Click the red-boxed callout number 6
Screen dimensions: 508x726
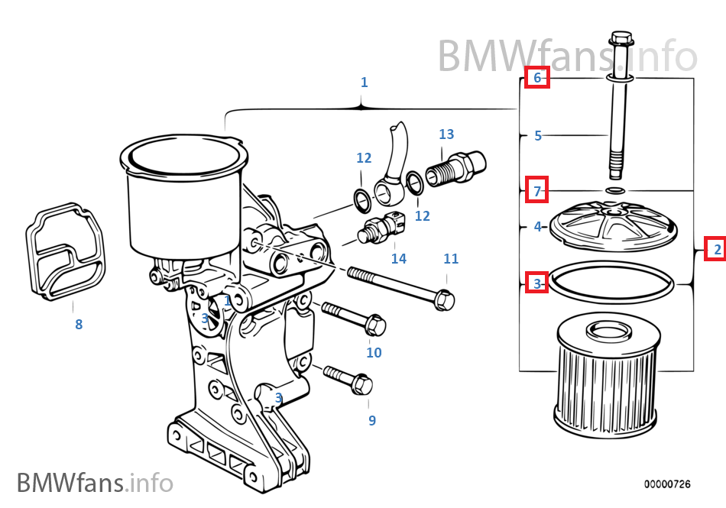point(536,77)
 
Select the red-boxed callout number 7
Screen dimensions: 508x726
point(537,191)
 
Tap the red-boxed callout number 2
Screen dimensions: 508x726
point(715,249)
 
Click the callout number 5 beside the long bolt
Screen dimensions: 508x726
point(538,136)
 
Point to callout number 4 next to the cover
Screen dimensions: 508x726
point(538,227)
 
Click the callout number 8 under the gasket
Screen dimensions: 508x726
point(79,325)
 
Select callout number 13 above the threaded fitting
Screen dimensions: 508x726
point(446,134)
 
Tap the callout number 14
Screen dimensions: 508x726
point(399,259)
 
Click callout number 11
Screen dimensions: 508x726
point(451,259)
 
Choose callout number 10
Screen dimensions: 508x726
point(374,353)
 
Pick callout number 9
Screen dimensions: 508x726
point(372,420)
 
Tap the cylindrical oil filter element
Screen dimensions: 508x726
point(605,382)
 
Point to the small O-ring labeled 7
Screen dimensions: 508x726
point(615,189)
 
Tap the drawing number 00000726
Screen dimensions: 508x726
point(666,484)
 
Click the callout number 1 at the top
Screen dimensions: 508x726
point(364,83)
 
